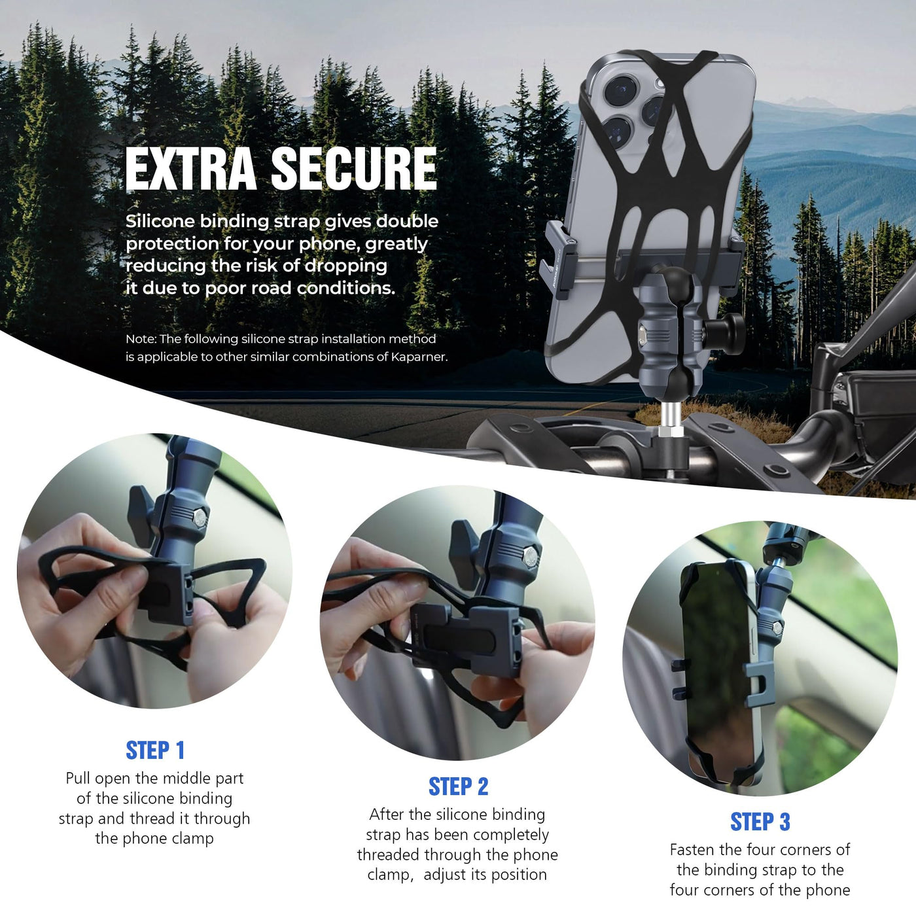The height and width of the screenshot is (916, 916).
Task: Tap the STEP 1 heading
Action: pyautogui.click(x=155, y=750)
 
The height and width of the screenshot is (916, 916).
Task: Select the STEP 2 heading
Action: pyautogui.click(x=458, y=786)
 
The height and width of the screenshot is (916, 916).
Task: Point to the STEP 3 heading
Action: pyautogui.click(x=760, y=821)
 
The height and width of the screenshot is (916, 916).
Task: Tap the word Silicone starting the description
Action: pyautogui.click(x=161, y=221)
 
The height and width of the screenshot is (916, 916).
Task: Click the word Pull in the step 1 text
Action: pyautogui.click(x=78, y=778)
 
